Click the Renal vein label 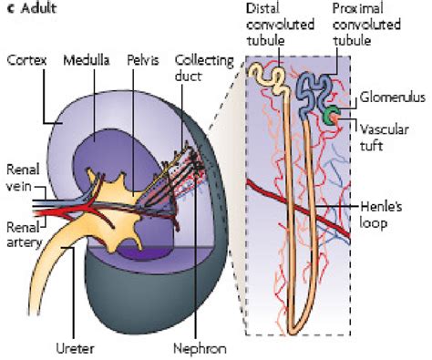tap(21, 176)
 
